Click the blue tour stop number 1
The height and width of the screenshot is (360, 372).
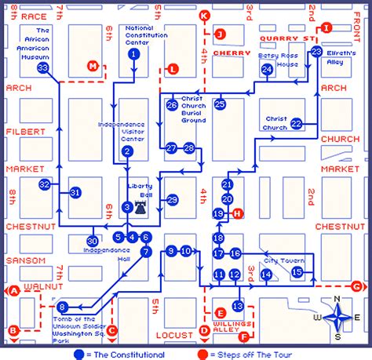point(134,54)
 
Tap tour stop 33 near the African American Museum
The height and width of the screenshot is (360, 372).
point(43,68)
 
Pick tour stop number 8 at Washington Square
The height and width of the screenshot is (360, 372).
point(63,307)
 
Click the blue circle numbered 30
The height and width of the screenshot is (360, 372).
point(93,241)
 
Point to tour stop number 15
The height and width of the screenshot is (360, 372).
point(297,272)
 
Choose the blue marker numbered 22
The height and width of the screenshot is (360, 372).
point(297,123)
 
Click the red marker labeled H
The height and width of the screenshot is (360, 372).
point(238,213)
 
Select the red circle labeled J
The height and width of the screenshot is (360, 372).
point(221,34)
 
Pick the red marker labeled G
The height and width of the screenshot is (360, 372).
point(357,286)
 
